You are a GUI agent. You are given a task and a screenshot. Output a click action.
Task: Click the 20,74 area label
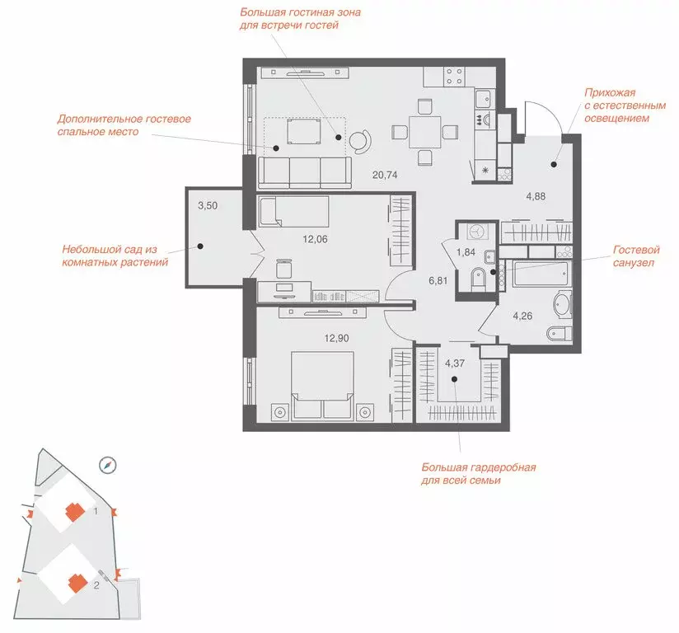(385, 175)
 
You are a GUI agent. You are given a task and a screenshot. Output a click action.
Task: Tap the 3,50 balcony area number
(208, 206)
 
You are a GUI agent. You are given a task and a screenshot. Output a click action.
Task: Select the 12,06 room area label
(315, 239)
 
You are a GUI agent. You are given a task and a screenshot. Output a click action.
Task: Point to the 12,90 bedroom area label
(336, 339)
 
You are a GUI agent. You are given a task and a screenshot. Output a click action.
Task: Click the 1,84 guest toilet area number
(466, 252)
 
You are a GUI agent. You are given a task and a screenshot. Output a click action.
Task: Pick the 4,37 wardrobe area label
(455, 363)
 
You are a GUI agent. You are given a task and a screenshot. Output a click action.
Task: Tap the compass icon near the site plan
(108, 465)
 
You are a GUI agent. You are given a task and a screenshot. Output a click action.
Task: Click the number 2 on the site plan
(96, 585)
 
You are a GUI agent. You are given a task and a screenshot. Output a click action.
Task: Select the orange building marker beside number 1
(75, 512)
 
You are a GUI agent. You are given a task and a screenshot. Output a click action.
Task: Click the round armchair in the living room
(360, 140)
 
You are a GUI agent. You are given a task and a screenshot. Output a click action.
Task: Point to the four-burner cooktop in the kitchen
(454, 77)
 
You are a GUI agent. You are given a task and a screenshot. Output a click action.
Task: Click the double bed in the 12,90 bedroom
(322, 385)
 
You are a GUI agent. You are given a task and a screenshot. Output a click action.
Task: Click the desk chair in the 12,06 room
(284, 269)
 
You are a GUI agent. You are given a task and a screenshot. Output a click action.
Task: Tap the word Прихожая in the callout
(610, 93)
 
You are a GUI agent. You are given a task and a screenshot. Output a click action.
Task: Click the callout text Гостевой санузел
(635, 256)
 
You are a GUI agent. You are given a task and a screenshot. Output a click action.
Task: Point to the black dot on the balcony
(200, 246)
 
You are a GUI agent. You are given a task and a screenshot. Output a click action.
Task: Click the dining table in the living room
(425, 132)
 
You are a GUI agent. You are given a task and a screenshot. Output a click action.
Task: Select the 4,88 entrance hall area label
(536, 196)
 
